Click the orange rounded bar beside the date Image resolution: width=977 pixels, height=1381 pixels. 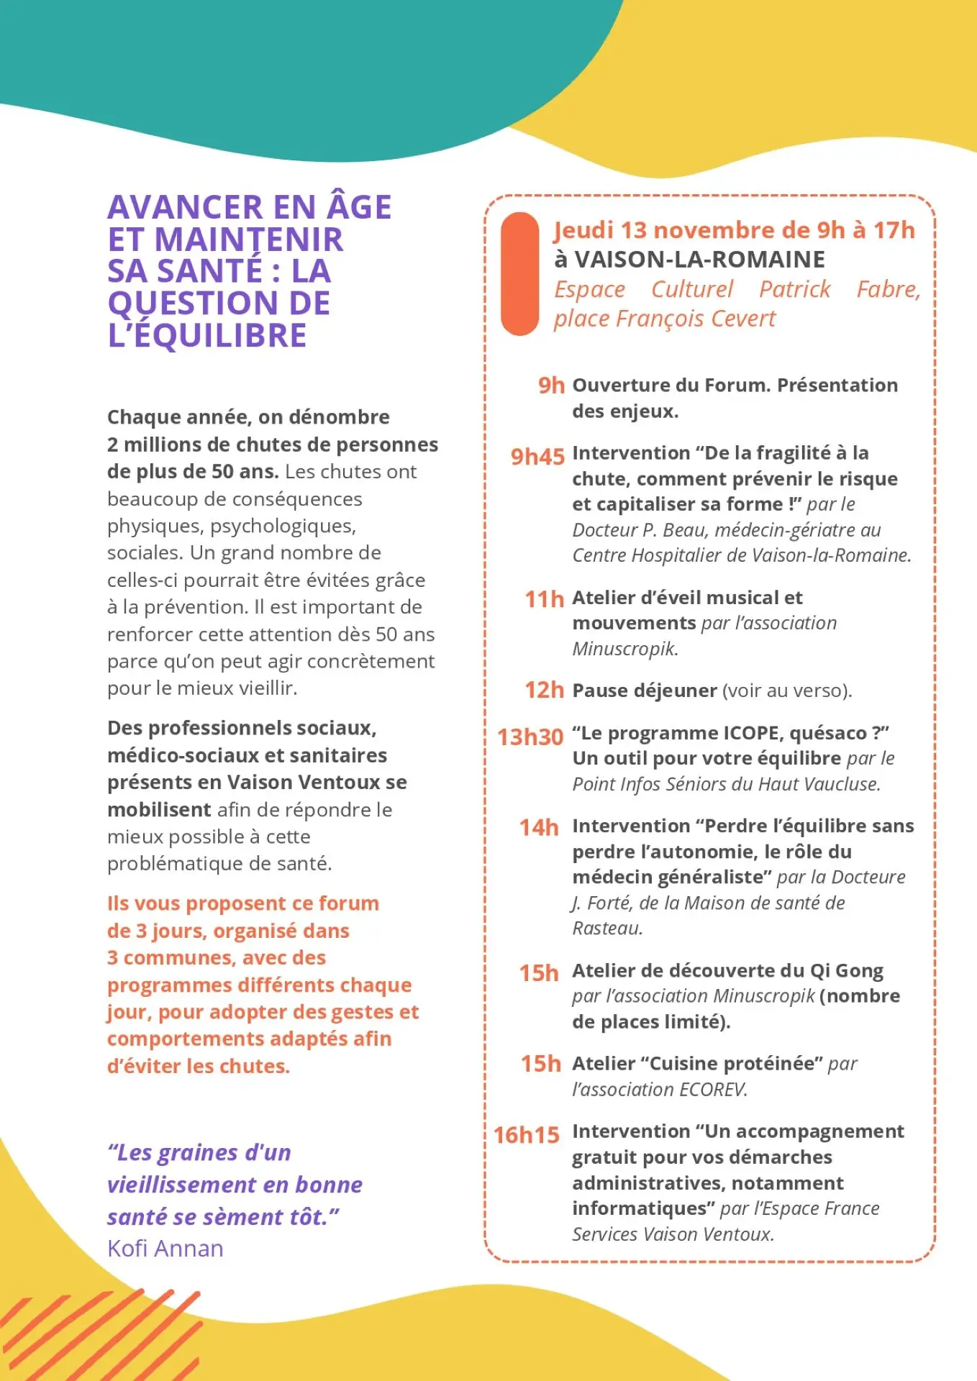519,273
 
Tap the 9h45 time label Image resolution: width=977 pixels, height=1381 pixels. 537,457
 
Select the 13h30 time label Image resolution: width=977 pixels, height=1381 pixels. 530,737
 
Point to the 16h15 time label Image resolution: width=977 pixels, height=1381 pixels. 526,1135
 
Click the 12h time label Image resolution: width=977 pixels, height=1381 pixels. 544,690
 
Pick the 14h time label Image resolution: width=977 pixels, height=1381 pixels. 539,827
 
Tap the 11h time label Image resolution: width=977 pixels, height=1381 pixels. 544,598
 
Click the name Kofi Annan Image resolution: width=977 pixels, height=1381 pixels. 165,1248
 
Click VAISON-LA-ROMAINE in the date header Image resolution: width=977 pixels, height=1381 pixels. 699,259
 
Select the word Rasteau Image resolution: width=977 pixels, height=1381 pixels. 606,929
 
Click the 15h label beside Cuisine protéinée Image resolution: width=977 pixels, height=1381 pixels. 540,1063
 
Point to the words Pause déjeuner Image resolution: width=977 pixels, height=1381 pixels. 645,690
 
